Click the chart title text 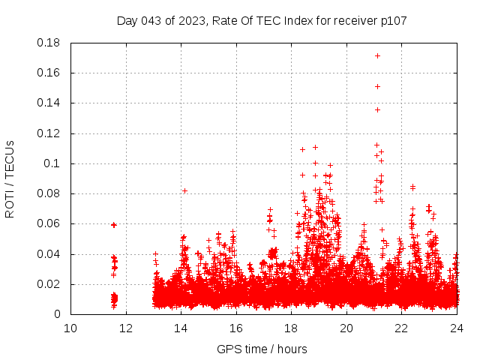point(262,21)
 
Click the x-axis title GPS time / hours point(262,349)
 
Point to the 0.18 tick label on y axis point(49,43)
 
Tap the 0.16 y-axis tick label point(49,73)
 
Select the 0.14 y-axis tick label point(49,103)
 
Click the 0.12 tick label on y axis point(49,133)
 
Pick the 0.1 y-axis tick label point(53,163)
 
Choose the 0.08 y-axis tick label point(49,193)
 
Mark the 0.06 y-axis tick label point(49,223)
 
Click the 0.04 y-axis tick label point(49,253)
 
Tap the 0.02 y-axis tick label point(49,284)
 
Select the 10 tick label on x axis point(70,328)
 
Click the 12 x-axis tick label point(126,328)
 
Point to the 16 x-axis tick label point(236,328)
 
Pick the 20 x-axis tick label point(346,328)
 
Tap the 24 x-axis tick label point(457,328)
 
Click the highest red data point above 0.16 point(377,55)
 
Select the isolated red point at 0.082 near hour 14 point(184,190)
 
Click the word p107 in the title point(392,21)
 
